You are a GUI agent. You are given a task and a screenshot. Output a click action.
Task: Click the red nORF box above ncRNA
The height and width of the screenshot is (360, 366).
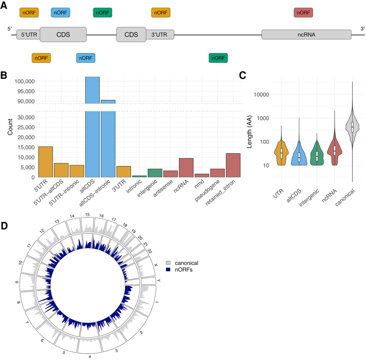point(303,13)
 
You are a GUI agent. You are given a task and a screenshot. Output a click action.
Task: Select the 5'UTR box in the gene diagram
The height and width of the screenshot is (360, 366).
point(29,35)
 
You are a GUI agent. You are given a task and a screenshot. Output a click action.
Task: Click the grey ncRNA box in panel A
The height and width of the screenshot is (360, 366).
point(306,35)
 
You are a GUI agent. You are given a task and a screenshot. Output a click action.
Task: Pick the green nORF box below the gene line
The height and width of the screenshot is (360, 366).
point(218,58)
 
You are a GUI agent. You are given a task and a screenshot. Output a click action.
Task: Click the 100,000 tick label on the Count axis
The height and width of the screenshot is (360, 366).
point(25,81)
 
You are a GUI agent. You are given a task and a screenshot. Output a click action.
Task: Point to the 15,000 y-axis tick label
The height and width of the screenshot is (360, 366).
point(26,147)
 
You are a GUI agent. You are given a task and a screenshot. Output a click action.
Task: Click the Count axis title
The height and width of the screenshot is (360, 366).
point(10,127)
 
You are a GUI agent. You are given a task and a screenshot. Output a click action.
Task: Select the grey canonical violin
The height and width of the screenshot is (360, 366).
point(352,127)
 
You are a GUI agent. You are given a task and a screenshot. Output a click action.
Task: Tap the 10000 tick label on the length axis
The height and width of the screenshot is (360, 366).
point(261,95)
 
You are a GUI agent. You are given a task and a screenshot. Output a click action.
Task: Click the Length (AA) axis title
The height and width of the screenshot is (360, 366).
point(249,132)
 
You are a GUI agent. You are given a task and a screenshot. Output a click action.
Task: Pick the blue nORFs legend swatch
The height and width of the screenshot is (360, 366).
point(168,270)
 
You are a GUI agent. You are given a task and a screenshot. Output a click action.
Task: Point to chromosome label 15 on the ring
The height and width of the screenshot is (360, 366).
point(87,214)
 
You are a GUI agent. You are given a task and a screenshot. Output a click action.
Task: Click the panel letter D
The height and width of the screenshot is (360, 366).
point(4,226)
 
